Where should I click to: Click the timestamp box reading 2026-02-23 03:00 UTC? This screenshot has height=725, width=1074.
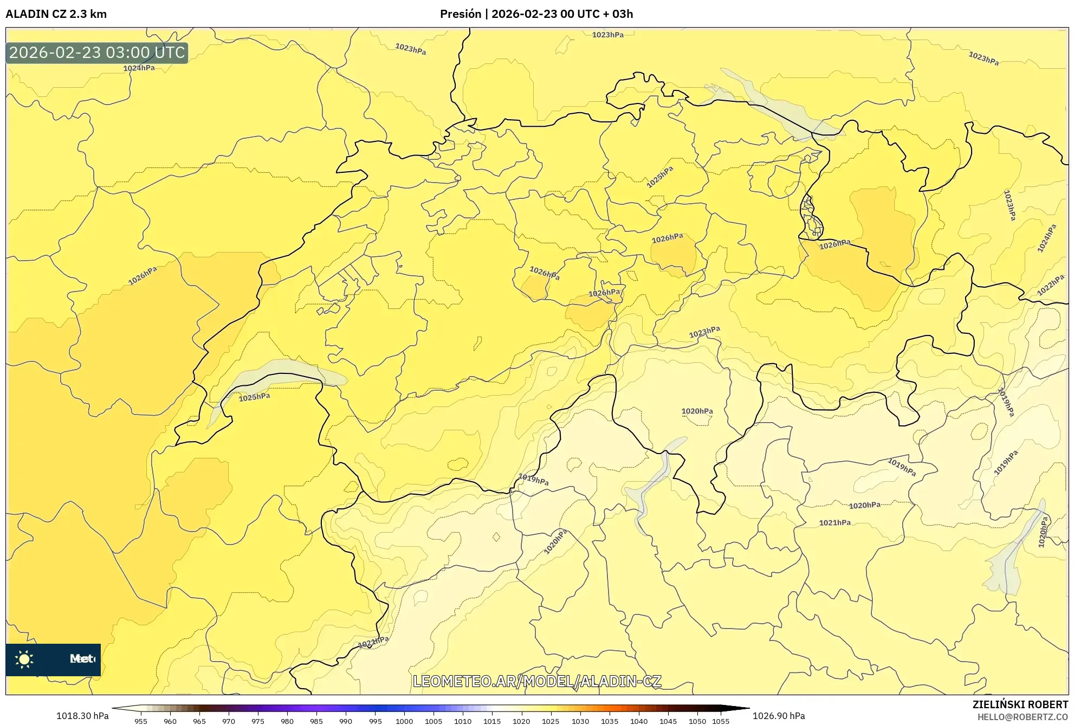click(x=97, y=53)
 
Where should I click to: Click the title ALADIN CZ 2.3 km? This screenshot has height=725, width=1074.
click(x=56, y=14)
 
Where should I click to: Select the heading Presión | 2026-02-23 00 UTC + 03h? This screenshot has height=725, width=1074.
click(x=536, y=14)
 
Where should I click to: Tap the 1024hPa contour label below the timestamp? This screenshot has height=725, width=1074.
click(x=139, y=68)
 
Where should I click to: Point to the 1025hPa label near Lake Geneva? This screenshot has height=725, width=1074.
click(x=254, y=397)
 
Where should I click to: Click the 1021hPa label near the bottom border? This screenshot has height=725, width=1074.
click(x=373, y=643)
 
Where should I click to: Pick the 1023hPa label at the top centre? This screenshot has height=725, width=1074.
click(x=607, y=35)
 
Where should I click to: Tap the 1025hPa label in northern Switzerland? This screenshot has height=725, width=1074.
click(x=659, y=177)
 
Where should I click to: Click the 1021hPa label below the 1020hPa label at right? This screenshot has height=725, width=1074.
click(x=834, y=523)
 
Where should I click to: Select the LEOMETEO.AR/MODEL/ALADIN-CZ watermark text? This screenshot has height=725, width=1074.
click(x=536, y=681)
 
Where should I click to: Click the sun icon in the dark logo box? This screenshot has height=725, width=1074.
click(x=24, y=659)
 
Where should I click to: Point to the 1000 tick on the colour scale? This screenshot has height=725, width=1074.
click(x=404, y=721)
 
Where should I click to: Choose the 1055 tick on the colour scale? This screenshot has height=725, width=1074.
click(x=721, y=721)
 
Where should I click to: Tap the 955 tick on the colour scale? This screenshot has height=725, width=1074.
click(x=141, y=721)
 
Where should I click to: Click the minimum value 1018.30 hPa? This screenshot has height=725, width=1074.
click(x=82, y=716)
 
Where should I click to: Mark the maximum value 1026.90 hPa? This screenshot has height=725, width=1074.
click(x=779, y=716)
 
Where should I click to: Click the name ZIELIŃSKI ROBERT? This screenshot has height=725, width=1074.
click(x=1020, y=704)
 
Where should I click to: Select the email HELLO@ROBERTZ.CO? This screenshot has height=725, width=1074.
click(x=1022, y=717)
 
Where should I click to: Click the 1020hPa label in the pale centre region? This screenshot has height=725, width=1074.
click(x=697, y=411)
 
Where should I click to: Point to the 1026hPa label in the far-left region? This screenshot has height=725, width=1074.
click(x=143, y=276)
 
